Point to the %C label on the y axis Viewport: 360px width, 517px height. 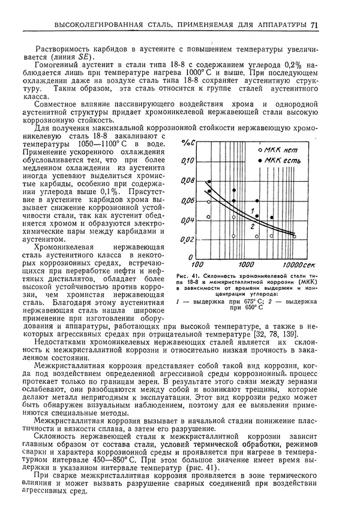click(x=190, y=143)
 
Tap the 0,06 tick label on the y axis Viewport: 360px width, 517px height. click(x=188, y=201)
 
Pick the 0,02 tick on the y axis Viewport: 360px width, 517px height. click(x=188, y=240)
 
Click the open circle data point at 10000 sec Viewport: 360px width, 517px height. click(x=295, y=237)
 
